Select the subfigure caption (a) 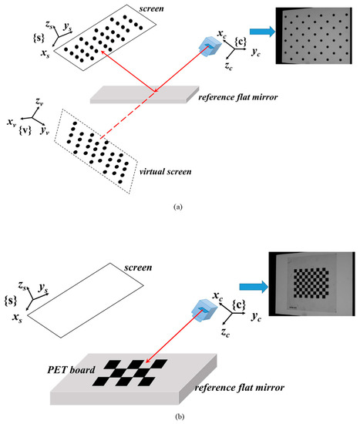pos(179,207)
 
